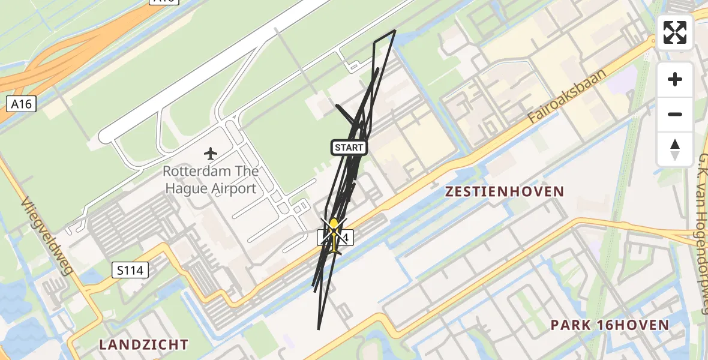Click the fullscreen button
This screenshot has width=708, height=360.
click(x=675, y=32)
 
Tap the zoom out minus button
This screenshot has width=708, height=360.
click(x=675, y=114)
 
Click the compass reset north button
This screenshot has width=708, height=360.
click(x=675, y=149)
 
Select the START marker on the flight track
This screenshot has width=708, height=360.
click(x=349, y=147)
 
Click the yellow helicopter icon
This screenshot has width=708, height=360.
click(x=334, y=235)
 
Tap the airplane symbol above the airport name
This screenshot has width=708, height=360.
click(x=211, y=154)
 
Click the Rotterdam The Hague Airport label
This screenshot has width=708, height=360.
click(x=211, y=179)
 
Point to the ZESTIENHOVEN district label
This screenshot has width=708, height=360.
click(x=504, y=191)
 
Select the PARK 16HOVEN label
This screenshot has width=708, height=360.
click(x=610, y=325)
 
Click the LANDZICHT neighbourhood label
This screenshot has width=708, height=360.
click(x=143, y=344)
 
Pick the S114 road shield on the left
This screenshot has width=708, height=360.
click(x=130, y=271)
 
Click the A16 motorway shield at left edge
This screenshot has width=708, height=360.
click(x=21, y=104)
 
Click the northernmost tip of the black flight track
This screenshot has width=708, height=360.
click(x=395, y=30)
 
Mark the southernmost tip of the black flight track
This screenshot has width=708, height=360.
click(x=319, y=329)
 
